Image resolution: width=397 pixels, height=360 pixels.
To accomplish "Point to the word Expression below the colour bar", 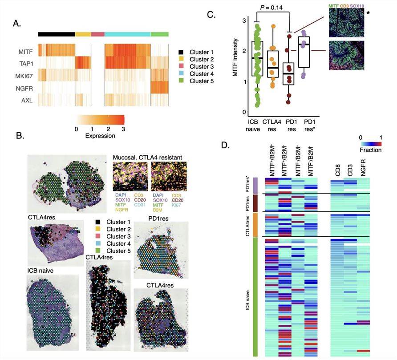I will click(x=100, y=136).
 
